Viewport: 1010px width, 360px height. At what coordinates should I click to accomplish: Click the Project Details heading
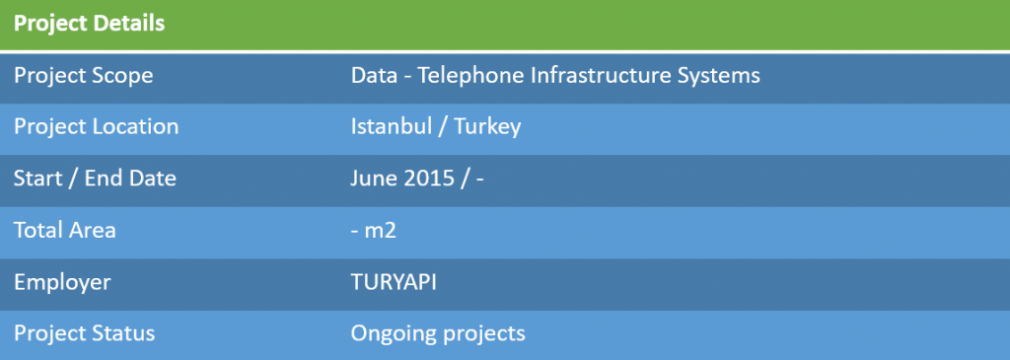click(x=90, y=25)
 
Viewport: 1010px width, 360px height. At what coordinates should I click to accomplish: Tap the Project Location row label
click(x=96, y=127)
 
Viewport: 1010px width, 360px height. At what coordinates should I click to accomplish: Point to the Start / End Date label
click(x=95, y=179)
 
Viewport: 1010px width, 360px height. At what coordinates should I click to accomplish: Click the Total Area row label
click(x=65, y=230)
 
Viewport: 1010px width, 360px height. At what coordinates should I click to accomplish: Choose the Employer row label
click(x=62, y=283)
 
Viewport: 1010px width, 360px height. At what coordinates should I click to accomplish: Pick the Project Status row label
click(x=85, y=333)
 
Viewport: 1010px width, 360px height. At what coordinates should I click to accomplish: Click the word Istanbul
click(x=392, y=126)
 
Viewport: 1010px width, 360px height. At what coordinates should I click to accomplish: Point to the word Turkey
click(x=487, y=127)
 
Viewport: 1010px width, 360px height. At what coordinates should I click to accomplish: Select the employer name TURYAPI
click(x=394, y=282)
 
